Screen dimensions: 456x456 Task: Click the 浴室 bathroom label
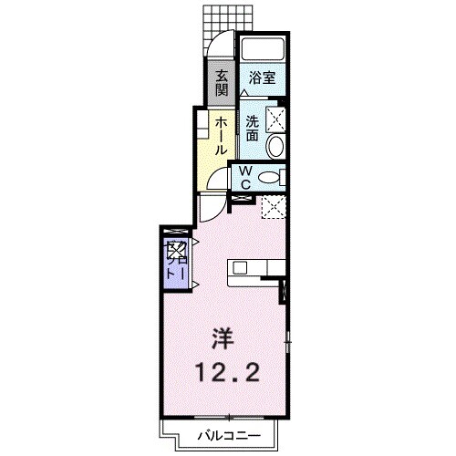(x=264, y=79)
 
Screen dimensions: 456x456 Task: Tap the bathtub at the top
(x=264, y=50)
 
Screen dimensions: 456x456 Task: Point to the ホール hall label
(x=221, y=135)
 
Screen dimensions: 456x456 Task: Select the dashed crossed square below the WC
(x=271, y=208)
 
